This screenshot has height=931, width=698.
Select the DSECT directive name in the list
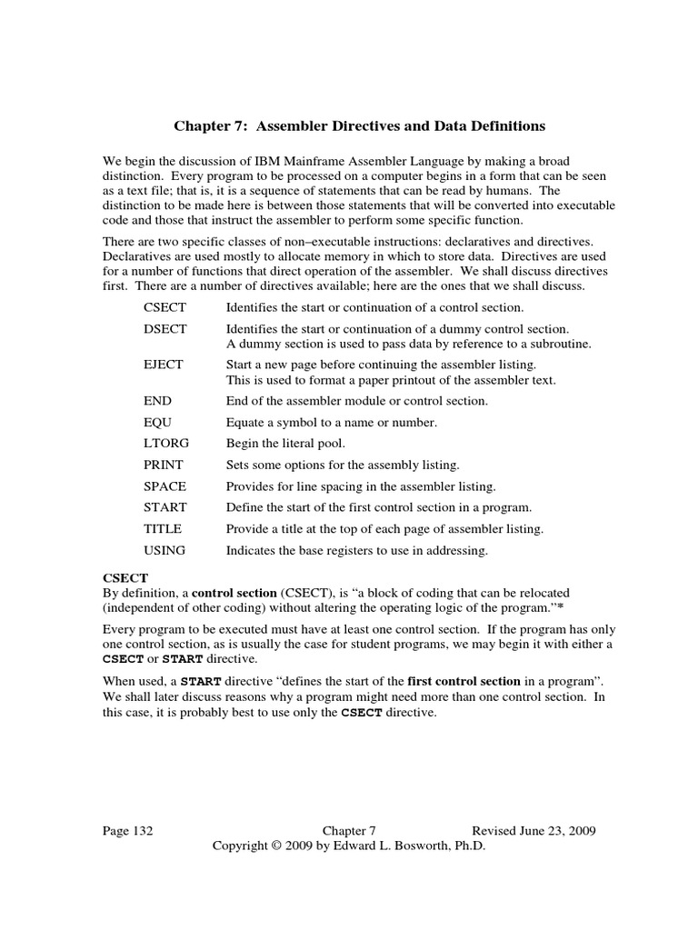click(165, 328)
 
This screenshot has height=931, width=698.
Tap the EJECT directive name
click(163, 365)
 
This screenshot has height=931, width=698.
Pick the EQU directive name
click(157, 422)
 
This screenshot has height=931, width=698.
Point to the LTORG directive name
click(165, 443)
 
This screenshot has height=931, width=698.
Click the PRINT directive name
click(164, 464)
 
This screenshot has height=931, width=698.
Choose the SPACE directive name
click(165, 486)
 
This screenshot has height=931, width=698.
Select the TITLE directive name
click(163, 528)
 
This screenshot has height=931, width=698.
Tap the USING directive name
click(165, 549)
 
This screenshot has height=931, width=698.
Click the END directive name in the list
click(157, 400)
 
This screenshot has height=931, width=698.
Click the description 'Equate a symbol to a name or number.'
click(332, 422)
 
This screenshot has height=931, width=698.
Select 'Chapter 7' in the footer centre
click(349, 831)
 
